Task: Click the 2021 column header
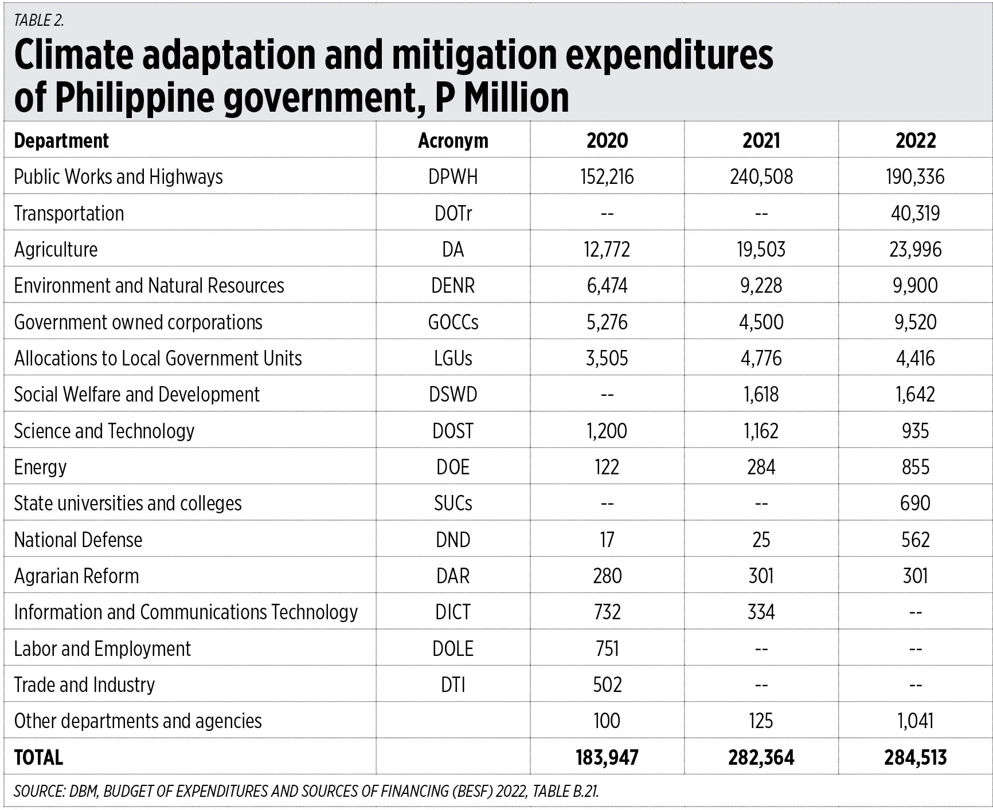761,140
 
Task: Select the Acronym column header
453,141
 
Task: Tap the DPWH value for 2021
761,176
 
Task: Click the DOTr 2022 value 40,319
915,213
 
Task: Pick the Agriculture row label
56,250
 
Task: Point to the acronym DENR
453,285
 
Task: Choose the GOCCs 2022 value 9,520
915,322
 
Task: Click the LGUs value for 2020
607,358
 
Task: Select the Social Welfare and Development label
136,395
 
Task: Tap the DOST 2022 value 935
915,431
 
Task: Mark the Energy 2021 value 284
761,467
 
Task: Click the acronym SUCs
453,503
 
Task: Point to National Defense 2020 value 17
607,540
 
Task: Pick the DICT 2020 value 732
607,612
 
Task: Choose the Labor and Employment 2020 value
607,648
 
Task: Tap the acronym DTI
453,685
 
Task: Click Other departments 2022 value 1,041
915,721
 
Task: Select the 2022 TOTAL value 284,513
915,757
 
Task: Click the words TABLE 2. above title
39,21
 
